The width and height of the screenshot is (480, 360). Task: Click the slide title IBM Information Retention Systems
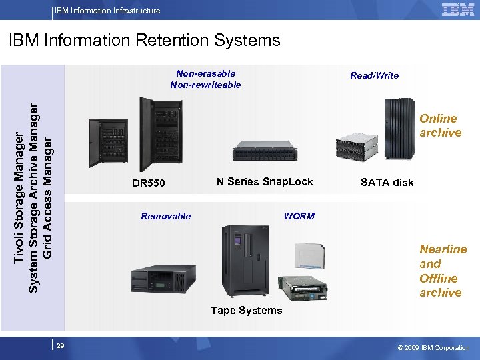pos(145,41)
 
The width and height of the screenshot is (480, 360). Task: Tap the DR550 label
pos(149,183)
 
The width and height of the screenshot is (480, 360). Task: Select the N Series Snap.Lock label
pos(265,181)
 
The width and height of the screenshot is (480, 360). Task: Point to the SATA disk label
pos(387,182)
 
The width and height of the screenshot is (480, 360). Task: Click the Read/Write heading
pos(375,75)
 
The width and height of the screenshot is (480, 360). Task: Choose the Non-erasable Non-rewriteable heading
pos(205,79)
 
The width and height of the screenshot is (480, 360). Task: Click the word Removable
pos(166,216)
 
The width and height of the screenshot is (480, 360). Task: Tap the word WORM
pos(299,216)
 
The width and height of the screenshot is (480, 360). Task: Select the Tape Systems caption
pos(246,310)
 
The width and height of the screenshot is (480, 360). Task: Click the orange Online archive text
pos(440,125)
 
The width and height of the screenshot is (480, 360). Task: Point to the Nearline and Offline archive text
pos(443,271)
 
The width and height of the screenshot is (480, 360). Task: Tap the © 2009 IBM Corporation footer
pos(433,347)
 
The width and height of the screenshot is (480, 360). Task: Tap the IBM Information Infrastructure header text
pos(107,10)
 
